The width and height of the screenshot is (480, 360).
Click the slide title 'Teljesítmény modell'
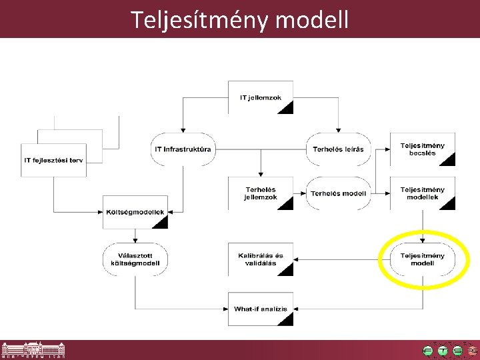point(239,19)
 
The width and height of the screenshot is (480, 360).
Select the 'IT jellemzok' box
point(261,97)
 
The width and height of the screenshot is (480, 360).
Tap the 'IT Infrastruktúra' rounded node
point(182,149)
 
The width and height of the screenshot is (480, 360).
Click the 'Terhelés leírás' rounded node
point(338,149)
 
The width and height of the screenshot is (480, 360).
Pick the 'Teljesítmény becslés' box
point(422,149)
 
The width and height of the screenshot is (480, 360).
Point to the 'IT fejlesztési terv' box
point(54,160)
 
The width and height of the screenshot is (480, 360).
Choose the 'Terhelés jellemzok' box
point(261,193)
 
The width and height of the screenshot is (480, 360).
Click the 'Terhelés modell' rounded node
point(338,193)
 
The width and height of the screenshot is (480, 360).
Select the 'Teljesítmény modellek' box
point(422,193)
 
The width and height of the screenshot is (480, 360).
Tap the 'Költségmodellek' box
point(135,212)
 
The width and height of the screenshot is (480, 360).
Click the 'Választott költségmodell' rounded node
point(135,259)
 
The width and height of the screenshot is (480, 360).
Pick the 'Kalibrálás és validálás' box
point(261,259)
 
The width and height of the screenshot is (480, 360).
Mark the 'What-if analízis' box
point(261,309)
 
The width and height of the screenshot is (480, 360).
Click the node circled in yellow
point(422,259)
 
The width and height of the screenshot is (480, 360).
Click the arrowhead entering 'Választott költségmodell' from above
point(135,240)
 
